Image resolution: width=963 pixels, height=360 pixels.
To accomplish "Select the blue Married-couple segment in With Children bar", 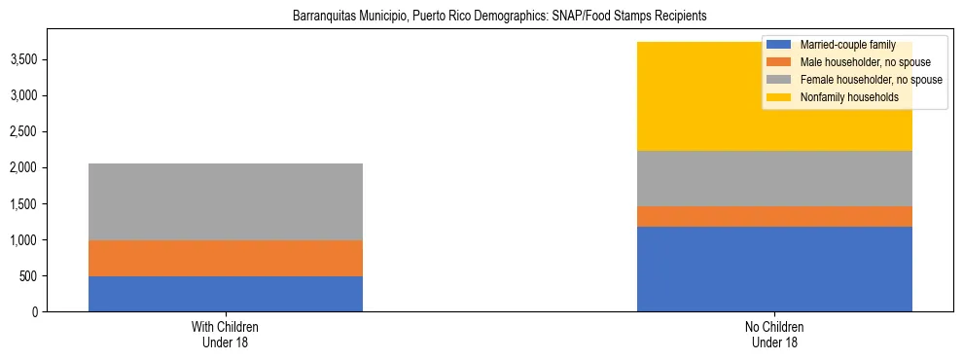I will [226, 294].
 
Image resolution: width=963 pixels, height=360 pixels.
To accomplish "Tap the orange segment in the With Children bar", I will [226, 258].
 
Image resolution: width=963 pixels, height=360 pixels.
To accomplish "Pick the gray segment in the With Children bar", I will [226, 201].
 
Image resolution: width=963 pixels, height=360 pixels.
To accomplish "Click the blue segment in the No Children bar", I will [774, 269].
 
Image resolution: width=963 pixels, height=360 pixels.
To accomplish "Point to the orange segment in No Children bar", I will [774, 216].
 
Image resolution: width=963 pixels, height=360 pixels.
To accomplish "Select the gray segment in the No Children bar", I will [774, 178].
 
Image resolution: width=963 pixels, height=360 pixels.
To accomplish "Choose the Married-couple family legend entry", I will [847, 45].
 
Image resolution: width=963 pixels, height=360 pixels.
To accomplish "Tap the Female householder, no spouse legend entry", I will [869, 80].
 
